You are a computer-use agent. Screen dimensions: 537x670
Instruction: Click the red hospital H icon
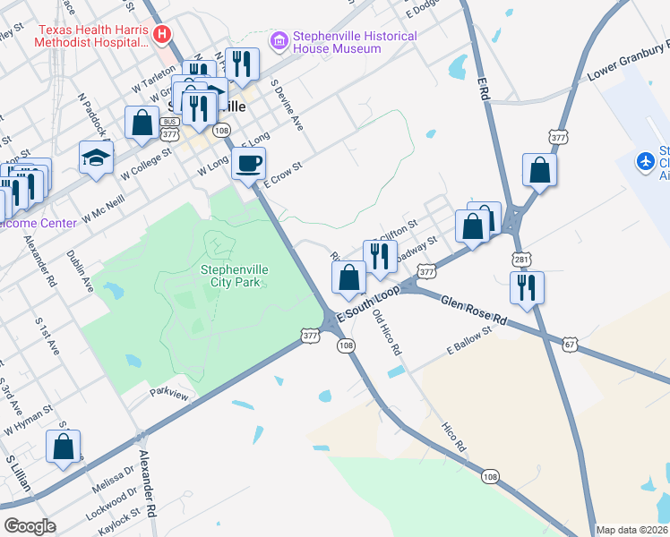(x=162, y=35)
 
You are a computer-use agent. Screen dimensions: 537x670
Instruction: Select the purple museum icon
(x=279, y=41)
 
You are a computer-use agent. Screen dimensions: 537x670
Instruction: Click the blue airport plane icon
(x=645, y=161)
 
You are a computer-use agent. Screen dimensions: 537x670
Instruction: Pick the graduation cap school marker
(x=97, y=158)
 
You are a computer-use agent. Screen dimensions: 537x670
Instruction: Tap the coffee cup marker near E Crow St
(x=248, y=164)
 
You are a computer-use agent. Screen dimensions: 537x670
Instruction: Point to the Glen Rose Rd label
(x=473, y=308)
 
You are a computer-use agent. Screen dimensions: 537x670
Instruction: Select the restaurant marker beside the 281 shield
(x=526, y=288)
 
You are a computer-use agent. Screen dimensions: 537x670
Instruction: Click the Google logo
(x=30, y=526)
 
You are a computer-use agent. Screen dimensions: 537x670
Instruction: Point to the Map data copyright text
(x=631, y=530)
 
